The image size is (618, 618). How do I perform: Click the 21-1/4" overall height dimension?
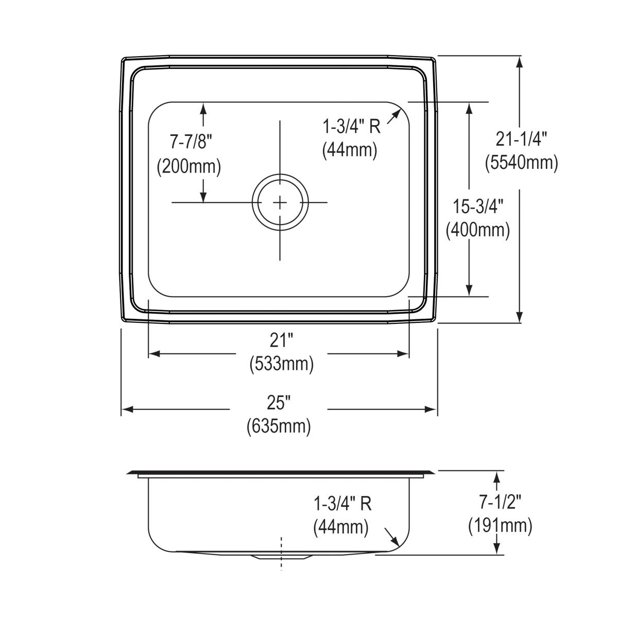coord(521,139)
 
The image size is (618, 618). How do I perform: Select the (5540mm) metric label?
coord(521,163)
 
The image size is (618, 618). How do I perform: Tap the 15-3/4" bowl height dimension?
coord(478,206)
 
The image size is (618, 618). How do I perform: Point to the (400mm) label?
coord(478,230)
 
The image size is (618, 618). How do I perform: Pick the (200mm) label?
coord(189,166)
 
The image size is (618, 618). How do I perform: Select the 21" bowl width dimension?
coord(282,340)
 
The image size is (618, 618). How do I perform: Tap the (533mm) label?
coord(282,365)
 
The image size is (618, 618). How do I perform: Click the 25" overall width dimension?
coord(279,402)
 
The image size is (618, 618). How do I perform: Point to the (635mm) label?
coord(279,426)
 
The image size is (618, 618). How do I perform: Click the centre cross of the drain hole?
coord(280,202)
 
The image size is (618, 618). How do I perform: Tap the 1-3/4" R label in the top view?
coord(352,126)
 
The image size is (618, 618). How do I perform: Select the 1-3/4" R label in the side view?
coord(342,504)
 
